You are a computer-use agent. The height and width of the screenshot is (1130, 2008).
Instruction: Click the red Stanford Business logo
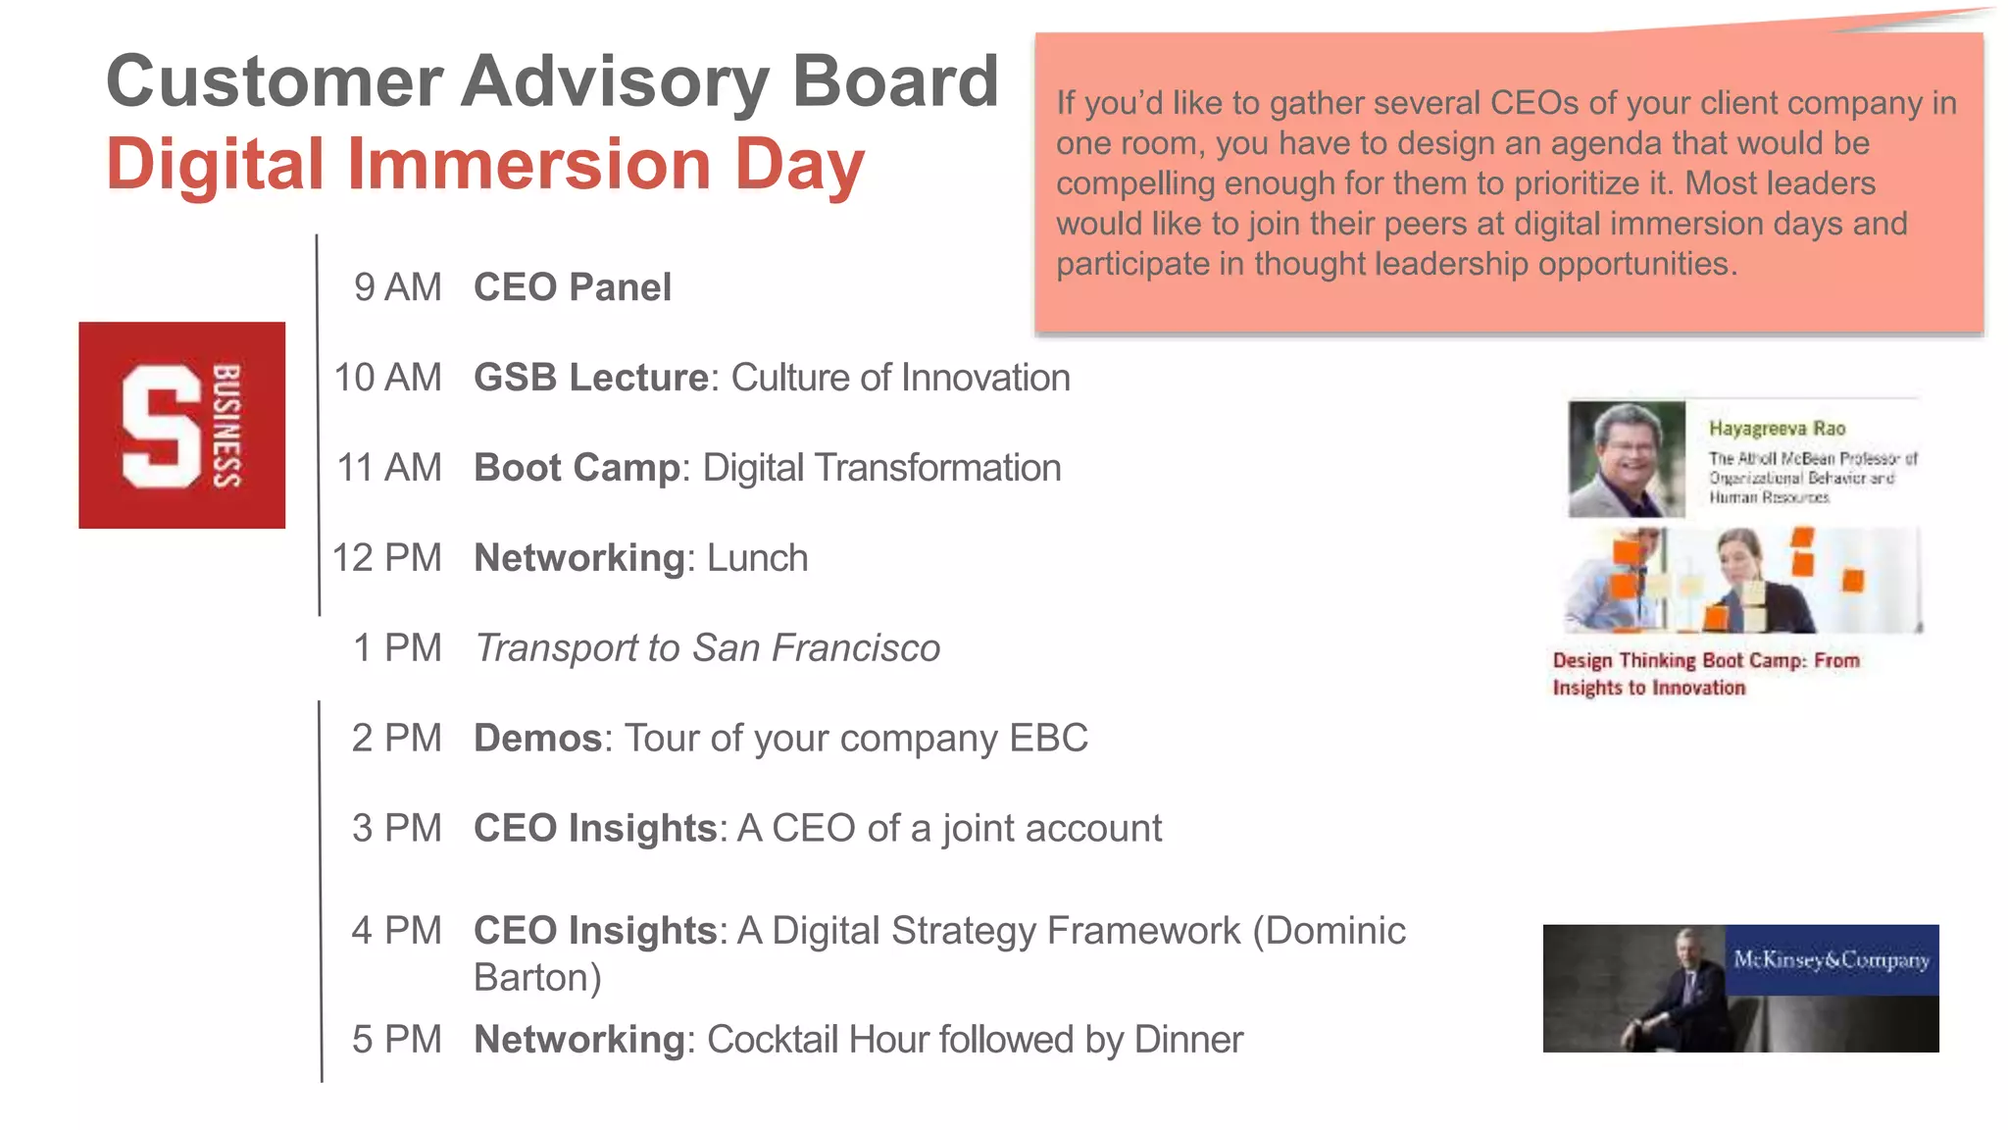click(182, 425)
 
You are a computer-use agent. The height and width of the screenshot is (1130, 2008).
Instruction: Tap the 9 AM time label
click(397, 287)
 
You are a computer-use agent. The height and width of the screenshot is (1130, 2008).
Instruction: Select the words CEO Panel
click(573, 287)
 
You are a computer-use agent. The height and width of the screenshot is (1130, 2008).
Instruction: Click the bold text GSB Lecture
click(591, 378)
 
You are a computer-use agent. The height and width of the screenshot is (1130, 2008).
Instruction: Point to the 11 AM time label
click(389, 468)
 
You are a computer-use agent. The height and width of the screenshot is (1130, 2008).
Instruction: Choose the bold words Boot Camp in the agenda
click(577, 468)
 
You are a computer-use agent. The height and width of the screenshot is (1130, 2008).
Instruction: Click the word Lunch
click(757, 558)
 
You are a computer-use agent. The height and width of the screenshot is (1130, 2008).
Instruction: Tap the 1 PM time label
click(397, 648)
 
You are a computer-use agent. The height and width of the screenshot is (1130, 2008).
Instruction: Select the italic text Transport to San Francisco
click(707, 648)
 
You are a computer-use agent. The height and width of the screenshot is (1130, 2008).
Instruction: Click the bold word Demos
click(537, 739)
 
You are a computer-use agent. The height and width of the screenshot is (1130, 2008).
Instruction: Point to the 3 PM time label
click(397, 829)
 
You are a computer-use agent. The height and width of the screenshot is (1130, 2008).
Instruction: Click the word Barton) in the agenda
click(537, 978)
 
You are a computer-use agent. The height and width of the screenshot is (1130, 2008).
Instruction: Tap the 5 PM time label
click(397, 1040)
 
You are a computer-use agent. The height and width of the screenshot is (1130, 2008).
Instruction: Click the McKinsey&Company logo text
click(1831, 959)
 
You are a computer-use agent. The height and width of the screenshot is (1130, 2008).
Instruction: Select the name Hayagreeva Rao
click(1777, 429)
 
